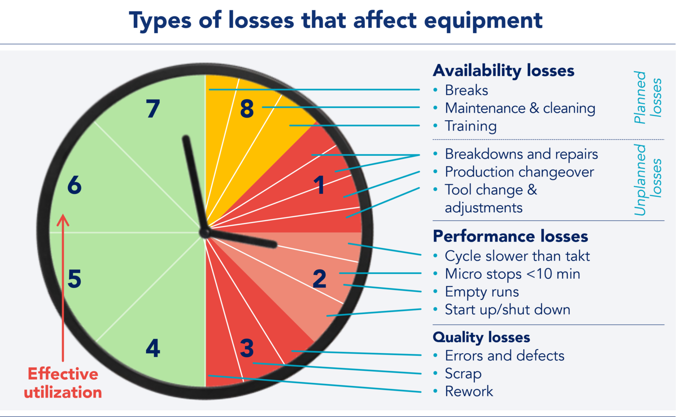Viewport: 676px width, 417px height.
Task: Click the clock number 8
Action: click(x=247, y=109)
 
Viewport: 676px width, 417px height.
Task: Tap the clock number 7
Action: click(x=153, y=109)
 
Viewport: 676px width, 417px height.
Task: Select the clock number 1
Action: click(x=319, y=185)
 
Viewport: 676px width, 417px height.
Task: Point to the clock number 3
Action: click(x=247, y=348)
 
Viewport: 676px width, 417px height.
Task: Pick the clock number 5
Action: click(x=74, y=279)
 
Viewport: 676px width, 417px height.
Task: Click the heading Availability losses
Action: click(x=503, y=70)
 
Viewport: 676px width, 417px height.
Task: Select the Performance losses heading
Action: click(x=510, y=236)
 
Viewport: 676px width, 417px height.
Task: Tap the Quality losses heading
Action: click(x=481, y=337)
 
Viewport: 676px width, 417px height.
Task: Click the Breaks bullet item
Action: click(x=466, y=90)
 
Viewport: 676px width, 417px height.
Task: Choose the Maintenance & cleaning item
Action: click(x=520, y=108)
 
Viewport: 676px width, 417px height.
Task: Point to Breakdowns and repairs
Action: click(x=521, y=154)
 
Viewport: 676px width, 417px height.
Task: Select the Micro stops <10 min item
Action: click(x=512, y=274)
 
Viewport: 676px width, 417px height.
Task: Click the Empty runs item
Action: click(x=481, y=292)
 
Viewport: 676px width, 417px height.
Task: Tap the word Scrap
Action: click(x=463, y=373)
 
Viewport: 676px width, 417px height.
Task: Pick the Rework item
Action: click(x=469, y=391)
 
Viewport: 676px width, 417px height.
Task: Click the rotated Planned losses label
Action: click(x=647, y=97)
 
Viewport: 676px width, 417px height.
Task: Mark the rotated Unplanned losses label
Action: click(x=647, y=180)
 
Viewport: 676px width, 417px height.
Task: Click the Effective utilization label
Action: click(x=63, y=383)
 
